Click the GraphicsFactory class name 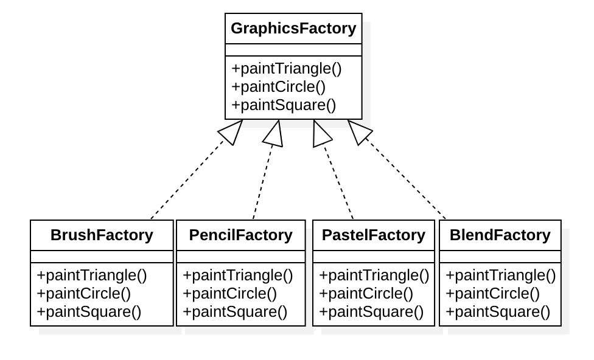pyautogui.click(x=293, y=29)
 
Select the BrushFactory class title pyautogui.click(x=102, y=235)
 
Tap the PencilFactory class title pyautogui.click(x=240, y=235)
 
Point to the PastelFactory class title pyautogui.click(x=373, y=235)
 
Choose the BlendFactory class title pyautogui.click(x=500, y=235)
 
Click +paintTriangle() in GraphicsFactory pyautogui.click(x=287, y=68)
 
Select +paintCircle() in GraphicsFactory pyautogui.click(x=278, y=86)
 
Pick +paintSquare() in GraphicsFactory pyautogui.click(x=284, y=105)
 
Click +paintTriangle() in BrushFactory pyautogui.click(x=92, y=275)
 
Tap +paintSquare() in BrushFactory pyautogui.click(x=89, y=312)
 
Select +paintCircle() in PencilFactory pyautogui.click(x=229, y=294)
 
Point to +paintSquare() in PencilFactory pyautogui.click(x=235, y=312)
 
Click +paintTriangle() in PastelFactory pyautogui.click(x=374, y=275)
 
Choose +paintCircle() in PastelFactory pyautogui.click(x=366, y=294)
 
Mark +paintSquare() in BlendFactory pyautogui.click(x=498, y=312)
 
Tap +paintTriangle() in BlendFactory pyautogui.click(x=501, y=275)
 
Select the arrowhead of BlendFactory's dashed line pyautogui.click(x=358, y=131)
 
